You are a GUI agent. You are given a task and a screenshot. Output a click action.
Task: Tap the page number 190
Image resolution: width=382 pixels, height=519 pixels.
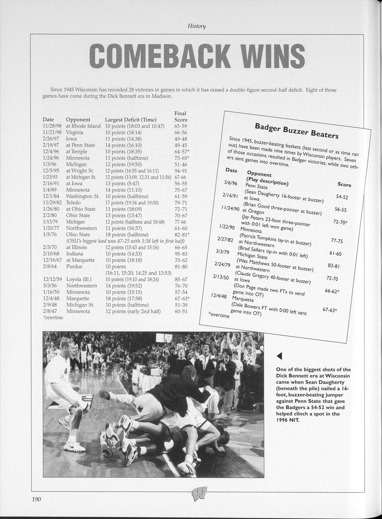pos(36,499)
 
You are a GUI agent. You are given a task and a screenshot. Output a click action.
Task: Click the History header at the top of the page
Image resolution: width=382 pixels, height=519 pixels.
pos(197,26)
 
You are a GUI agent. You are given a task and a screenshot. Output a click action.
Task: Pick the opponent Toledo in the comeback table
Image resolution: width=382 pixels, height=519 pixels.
pos(73,203)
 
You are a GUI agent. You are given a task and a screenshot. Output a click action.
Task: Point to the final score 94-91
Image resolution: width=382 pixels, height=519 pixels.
pos(181,171)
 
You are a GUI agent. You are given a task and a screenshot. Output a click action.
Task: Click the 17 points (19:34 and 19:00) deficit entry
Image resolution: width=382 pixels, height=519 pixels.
pos(132,203)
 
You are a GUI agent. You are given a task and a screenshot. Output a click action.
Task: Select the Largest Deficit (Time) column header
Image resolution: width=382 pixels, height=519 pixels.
pos(131,120)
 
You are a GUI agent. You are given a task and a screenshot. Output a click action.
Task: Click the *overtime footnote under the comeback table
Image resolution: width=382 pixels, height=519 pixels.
pos(53,318)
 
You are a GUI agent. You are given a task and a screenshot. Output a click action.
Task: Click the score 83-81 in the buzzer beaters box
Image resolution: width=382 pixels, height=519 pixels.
pos(334,266)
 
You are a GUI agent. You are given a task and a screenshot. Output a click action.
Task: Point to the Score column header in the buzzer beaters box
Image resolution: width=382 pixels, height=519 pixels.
pos(344,185)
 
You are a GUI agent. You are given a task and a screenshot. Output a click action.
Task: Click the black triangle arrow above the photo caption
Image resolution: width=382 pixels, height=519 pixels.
pos(279,356)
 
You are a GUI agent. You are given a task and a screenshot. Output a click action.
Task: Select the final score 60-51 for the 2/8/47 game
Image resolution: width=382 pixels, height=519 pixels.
pos(181,311)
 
